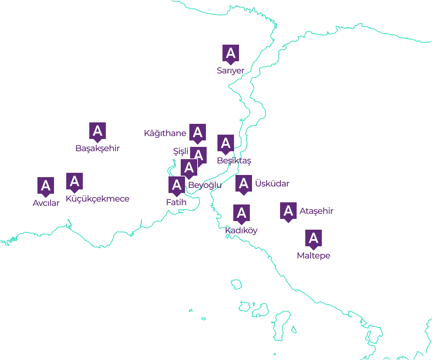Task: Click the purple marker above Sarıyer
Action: tap(231, 53)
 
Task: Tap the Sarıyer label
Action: tap(230, 71)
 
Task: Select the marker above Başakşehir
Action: tap(98, 131)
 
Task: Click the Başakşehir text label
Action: tap(97, 148)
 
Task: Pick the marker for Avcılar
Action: tap(46, 186)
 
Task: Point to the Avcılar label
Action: tap(46, 203)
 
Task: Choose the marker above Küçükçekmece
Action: tap(75, 181)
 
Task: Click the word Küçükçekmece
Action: tap(97, 199)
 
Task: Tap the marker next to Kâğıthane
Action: tap(198, 132)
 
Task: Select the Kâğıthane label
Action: tap(165, 134)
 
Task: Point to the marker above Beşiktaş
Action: tap(226, 143)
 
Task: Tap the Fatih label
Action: tap(176, 202)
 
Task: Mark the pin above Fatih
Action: tap(177, 185)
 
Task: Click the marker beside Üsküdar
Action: tap(244, 184)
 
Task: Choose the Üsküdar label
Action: tap(272, 184)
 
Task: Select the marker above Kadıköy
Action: tap(242, 213)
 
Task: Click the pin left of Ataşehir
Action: tap(288, 211)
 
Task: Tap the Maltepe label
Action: tap(313, 256)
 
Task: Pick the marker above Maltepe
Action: tap(314, 238)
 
